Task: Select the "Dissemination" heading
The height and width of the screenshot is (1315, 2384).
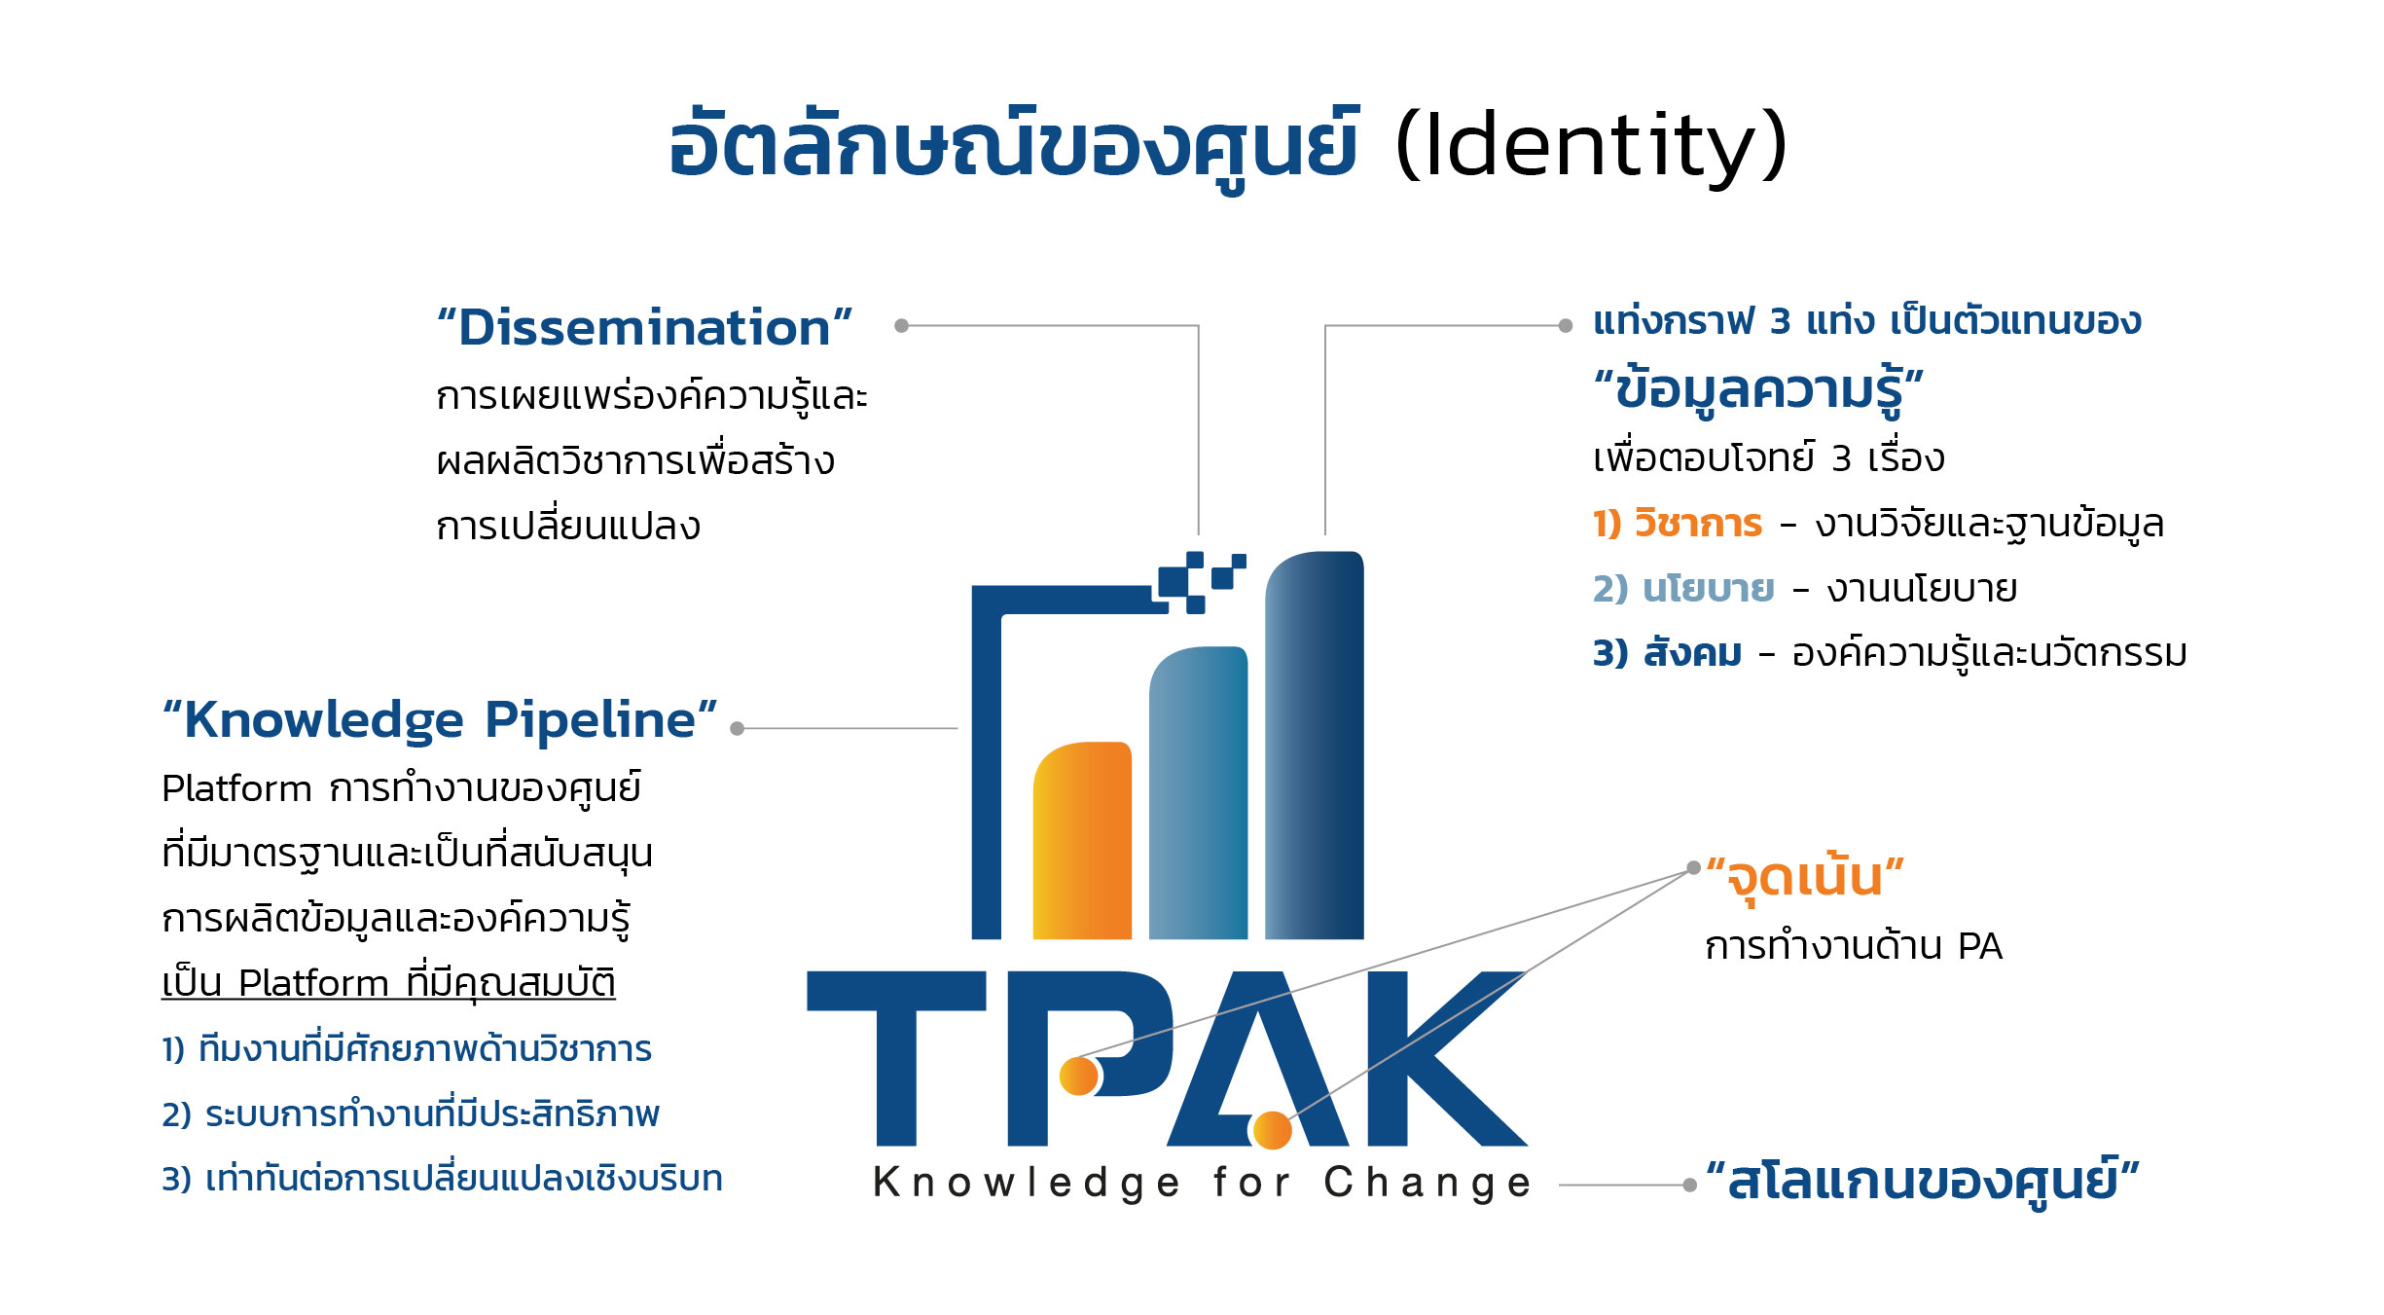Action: pyautogui.click(x=644, y=328)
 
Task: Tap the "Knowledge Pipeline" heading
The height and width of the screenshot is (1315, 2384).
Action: pyautogui.click(x=440, y=721)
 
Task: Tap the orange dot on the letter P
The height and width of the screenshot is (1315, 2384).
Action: pyautogui.click(x=1079, y=1076)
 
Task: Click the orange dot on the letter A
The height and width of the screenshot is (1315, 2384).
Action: pyautogui.click(x=1272, y=1130)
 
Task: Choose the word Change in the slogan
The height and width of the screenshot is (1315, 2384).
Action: pyautogui.click(x=1427, y=1183)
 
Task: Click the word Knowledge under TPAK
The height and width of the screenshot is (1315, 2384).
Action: pyautogui.click(x=1027, y=1183)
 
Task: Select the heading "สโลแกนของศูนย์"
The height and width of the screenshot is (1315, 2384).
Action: pyautogui.click(x=1923, y=1182)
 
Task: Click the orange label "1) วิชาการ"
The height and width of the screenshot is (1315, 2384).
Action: pyautogui.click(x=1678, y=524)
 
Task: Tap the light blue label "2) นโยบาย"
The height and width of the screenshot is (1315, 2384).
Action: pyautogui.click(x=1683, y=589)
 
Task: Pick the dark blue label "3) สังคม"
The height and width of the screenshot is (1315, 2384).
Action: pyautogui.click(x=1667, y=653)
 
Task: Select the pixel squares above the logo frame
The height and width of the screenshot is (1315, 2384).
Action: pyautogui.click(x=1200, y=580)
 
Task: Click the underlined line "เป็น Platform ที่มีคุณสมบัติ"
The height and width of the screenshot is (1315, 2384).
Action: pyautogui.click(x=388, y=983)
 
